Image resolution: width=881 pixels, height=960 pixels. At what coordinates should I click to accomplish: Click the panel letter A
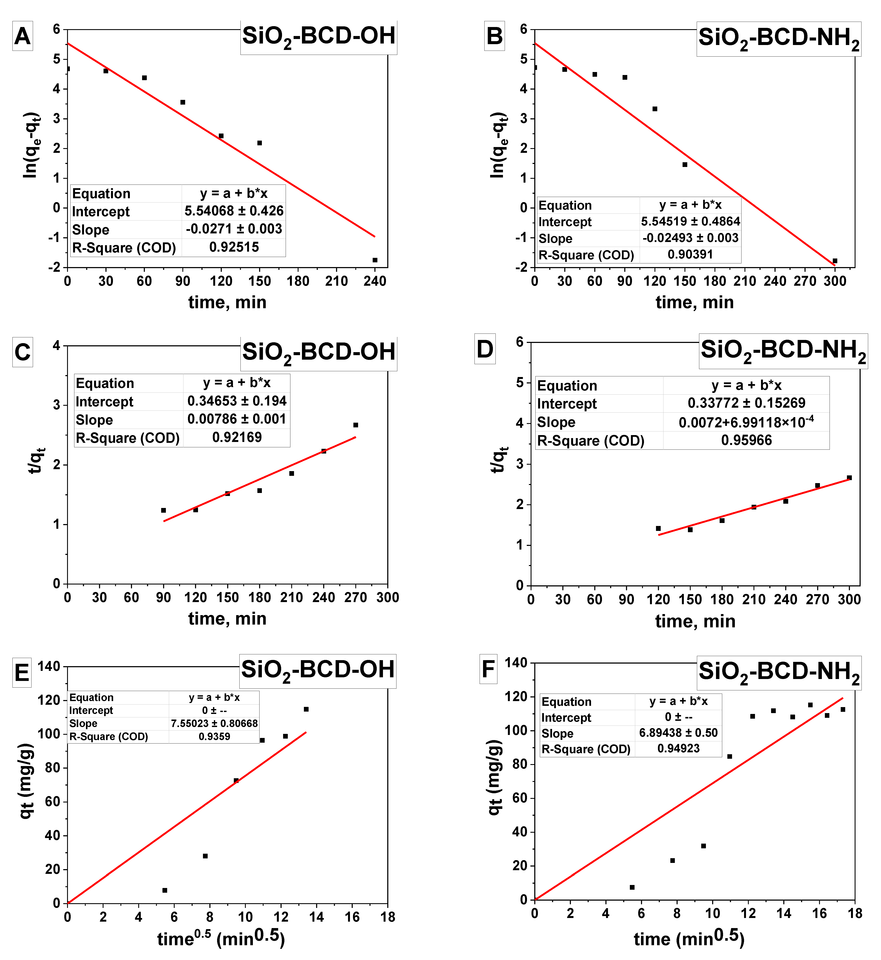pyautogui.click(x=23, y=36)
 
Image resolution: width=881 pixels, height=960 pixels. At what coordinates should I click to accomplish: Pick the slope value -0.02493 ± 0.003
pyautogui.click(x=690, y=238)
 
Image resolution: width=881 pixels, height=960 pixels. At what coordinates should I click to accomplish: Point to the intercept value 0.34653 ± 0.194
pyautogui.click(x=236, y=401)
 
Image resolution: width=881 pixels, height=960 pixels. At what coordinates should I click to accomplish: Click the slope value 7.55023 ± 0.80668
pyautogui.click(x=214, y=723)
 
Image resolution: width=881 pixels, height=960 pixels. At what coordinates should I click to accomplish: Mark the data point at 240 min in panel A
pyautogui.click(x=375, y=260)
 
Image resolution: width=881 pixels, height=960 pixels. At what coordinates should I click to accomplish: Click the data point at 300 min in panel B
pyautogui.click(x=835, y=261)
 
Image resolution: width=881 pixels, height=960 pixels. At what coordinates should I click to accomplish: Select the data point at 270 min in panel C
pyautogui.click(x=356, y=425)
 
